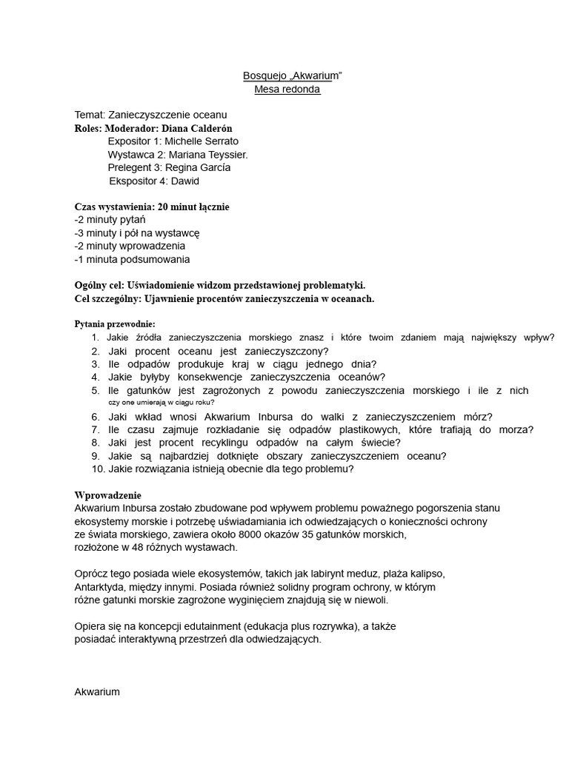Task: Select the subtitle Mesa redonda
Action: tap(287, 90)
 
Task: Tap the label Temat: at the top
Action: tap(90, 115)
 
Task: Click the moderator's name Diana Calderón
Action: tap(195, 128)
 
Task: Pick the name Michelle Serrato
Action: tap(202, 141)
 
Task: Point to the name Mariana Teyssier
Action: tap(208, 155)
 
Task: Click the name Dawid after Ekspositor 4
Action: tap(185, 181)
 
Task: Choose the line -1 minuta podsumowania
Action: tap(132, 259)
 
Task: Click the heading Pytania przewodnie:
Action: tap(115, 324)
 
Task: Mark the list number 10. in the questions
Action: tap(99, 469)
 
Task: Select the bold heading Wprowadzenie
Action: tap(107, 494)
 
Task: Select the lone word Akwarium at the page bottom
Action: tap(97, 691)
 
